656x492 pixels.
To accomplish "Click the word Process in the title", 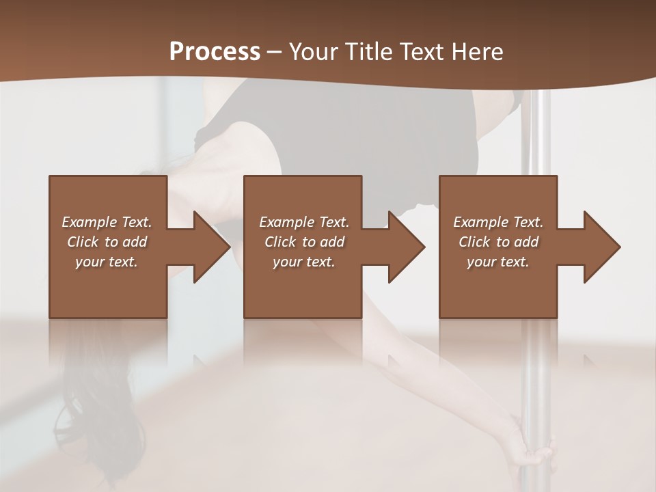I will coord(215,52).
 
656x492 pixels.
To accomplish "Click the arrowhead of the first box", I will coord(208,247).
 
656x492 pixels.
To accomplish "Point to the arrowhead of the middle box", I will coord(404,247).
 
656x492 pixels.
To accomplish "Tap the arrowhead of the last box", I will coord(599,247).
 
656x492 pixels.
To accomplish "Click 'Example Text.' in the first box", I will coord(107,222).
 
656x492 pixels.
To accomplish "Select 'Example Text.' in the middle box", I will coord(304,222).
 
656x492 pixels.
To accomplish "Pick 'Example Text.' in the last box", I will coord(498,222).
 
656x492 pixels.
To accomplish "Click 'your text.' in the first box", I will coord(107,262).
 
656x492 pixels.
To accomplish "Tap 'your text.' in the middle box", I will coord(304,262).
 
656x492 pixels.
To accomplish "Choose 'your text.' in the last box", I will coord(498,262).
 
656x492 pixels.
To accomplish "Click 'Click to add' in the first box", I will coord(107,242).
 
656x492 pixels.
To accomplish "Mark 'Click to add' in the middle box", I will coord(304,242).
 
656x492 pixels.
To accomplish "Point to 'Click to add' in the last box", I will coord(498,242).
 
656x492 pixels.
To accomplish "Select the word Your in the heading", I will coord(311,52).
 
